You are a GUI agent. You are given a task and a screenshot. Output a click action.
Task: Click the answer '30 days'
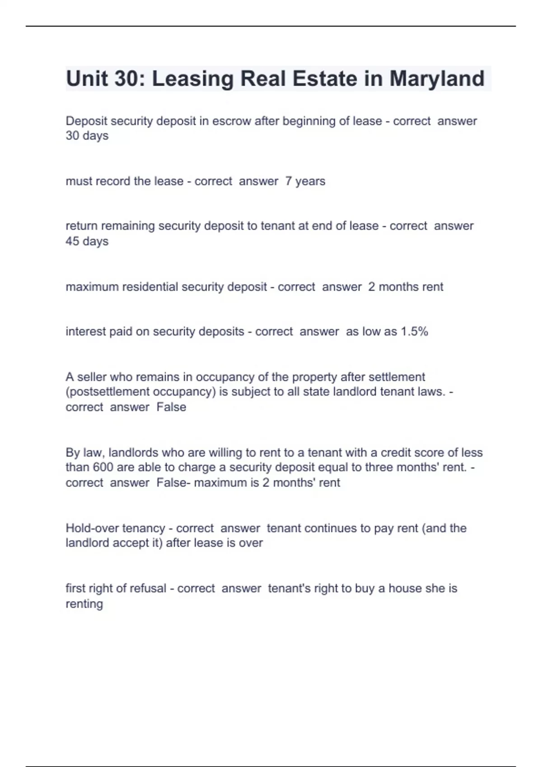coord(87,136)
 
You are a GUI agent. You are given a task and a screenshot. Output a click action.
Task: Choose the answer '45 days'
coord(87,241)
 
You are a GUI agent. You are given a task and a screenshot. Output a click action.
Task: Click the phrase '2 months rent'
coord(406,286)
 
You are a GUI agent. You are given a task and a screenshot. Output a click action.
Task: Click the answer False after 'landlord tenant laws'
coord(171,407)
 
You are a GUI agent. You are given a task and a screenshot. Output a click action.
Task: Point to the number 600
coord(103,467)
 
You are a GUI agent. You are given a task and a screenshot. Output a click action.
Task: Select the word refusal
coord(147,588)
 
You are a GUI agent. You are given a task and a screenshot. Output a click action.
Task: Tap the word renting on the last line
coord(84,604)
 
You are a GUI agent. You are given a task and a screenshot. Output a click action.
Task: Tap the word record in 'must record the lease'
coord(114,181)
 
